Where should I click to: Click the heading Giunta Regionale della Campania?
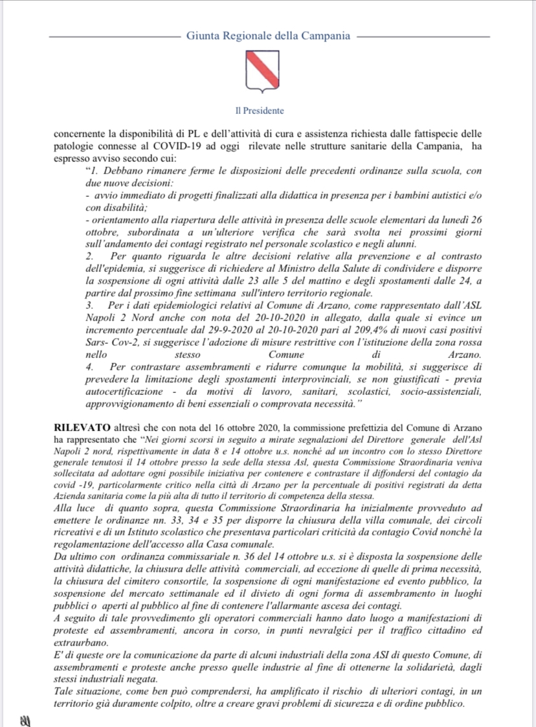[268, 36]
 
